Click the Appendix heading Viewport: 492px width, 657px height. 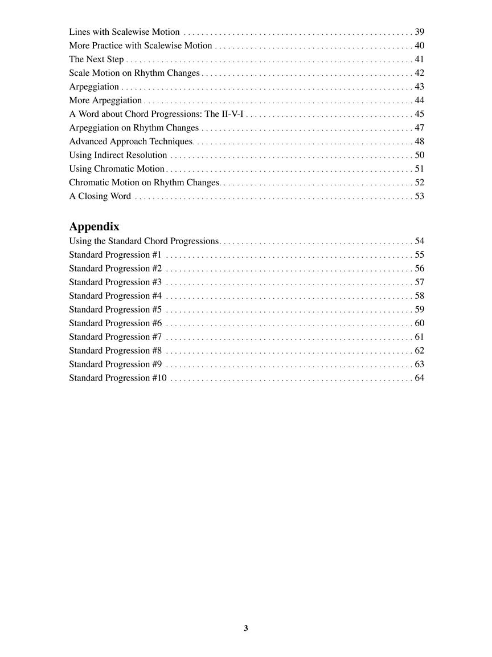[94, 226]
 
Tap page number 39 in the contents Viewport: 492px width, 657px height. [419, 32]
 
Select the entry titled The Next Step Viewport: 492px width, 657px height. [96, 59]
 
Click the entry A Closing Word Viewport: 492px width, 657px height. [100, 196]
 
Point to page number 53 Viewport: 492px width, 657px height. [419, 196]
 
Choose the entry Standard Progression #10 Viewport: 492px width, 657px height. [118, 378]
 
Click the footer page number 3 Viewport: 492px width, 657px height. [246, 628]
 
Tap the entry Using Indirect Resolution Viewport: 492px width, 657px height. [118, 155]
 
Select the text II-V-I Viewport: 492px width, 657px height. [232, 114]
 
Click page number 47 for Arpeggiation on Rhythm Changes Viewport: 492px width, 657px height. [419, 128]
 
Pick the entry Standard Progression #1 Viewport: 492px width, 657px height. [115, 255]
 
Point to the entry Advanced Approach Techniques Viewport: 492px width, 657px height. [131, 141]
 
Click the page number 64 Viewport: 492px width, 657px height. [419, 378]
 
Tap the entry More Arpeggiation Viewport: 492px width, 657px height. [105, 100]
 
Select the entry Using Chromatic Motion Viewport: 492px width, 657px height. [117, 169]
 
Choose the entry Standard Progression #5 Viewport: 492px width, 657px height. [115, 310]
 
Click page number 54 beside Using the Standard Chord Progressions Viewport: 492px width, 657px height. [419, 241]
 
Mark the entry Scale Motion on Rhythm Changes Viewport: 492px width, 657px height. [134, 73]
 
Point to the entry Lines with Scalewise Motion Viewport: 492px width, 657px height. [124, 32]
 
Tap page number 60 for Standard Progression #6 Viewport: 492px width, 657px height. [419, 323]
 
